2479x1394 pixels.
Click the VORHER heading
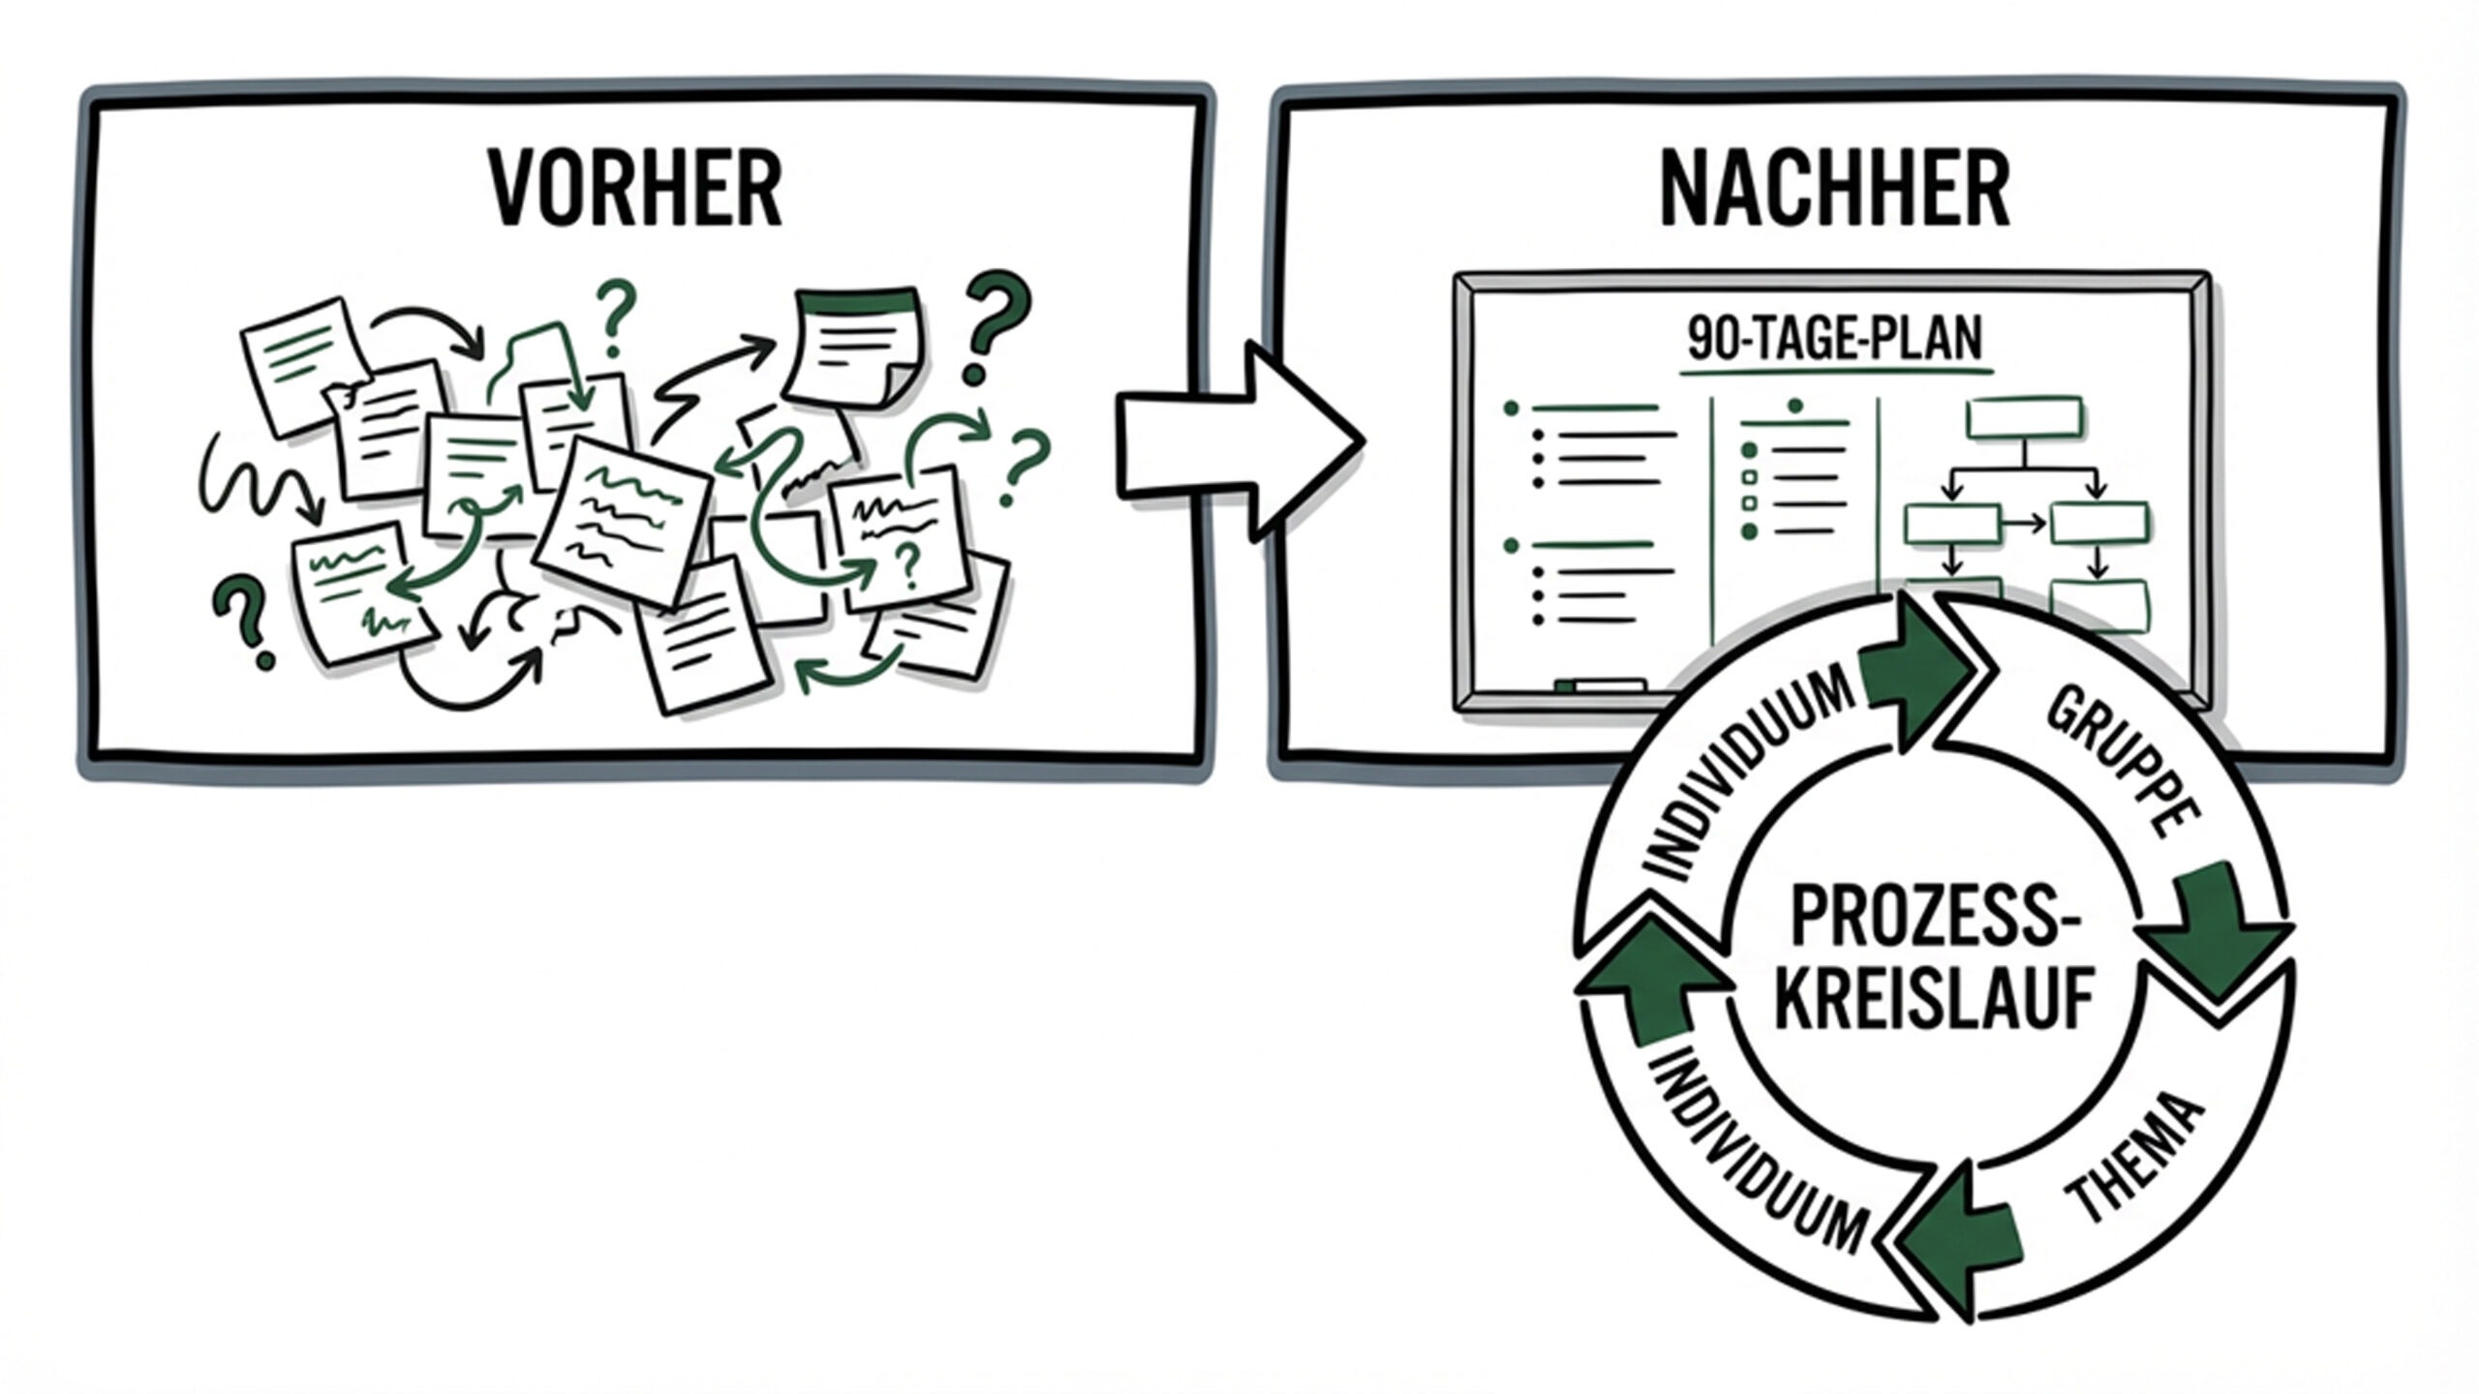coord(635,190)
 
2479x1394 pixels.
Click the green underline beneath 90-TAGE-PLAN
coord(1836,371)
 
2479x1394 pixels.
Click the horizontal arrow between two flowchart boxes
coord(2025,526)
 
